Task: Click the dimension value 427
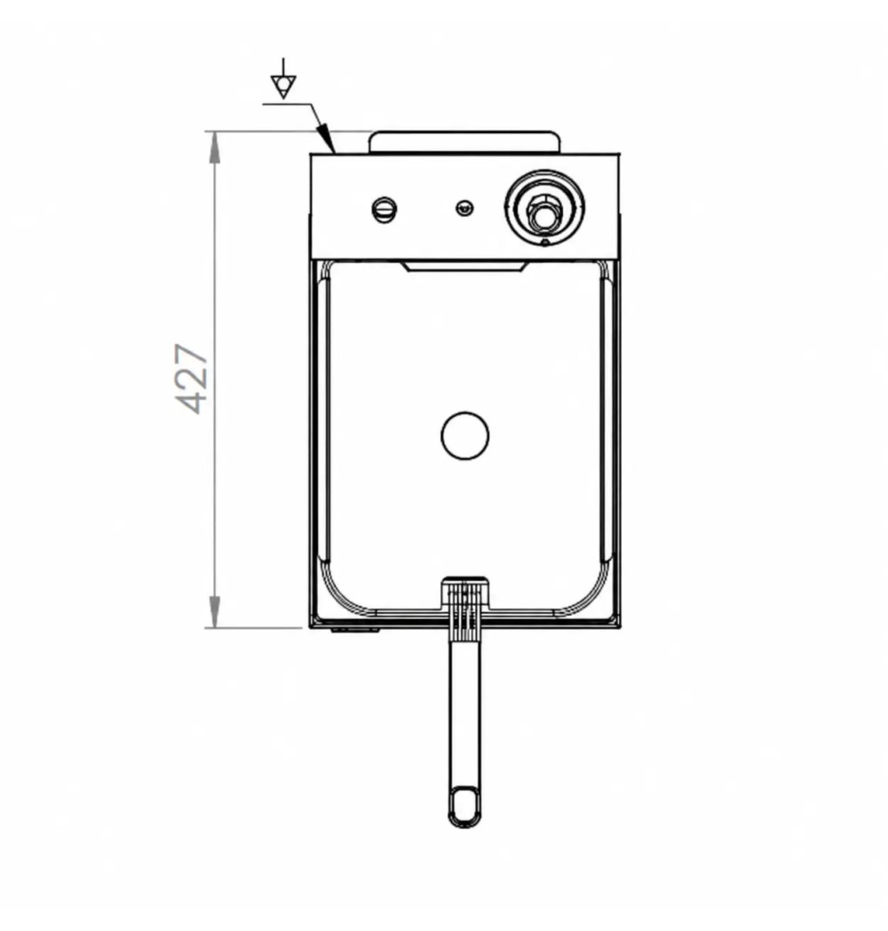pos(193,378)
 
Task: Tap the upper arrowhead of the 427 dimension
pos(214,147)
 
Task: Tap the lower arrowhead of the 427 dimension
pos(214,611)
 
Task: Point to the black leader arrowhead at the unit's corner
pos(325,137)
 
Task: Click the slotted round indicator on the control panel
pos(384,210)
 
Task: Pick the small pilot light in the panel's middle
pos(464,208)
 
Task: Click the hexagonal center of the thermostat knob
pos(543,214)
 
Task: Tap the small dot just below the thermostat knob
pos(545,242)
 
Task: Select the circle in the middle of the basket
pos(464,435)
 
